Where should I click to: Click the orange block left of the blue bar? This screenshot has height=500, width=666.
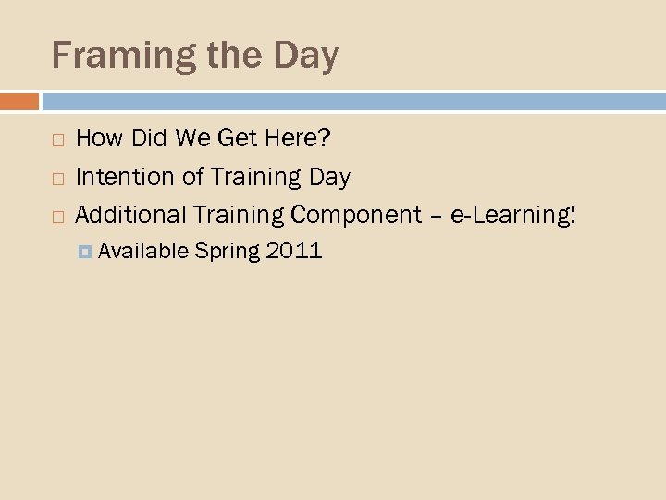19,100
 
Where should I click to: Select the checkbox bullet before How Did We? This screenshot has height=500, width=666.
57,141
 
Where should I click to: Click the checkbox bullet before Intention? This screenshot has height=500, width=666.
57,178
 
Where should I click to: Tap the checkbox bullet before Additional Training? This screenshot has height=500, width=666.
57,216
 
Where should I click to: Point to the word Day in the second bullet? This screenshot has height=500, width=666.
330,176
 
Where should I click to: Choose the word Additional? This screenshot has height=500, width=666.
130,214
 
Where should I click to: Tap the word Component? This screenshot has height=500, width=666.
356,215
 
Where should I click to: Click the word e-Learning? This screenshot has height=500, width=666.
512,214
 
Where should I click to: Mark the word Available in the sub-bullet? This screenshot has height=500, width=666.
143,250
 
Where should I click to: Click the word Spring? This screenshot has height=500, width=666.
228,251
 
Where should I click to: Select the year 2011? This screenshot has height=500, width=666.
293,250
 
